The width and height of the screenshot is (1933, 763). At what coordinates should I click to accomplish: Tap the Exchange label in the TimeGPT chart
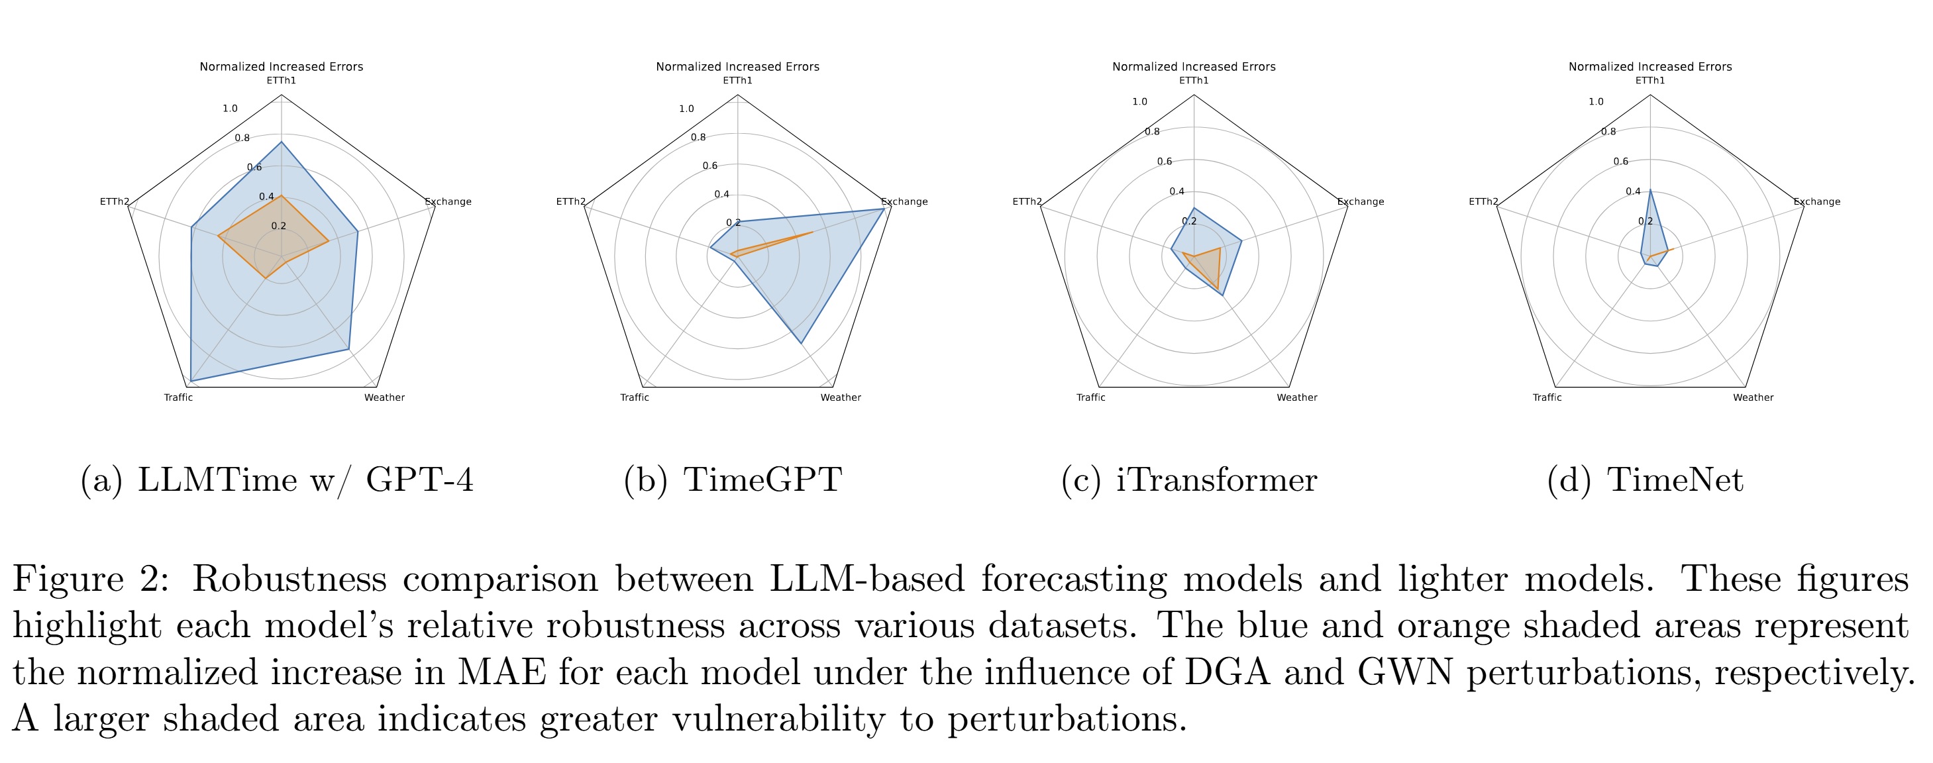[904, 201]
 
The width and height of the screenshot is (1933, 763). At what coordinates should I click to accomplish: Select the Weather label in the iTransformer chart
[1296, 397]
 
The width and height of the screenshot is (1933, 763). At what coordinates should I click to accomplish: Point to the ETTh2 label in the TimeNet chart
[1483, 201]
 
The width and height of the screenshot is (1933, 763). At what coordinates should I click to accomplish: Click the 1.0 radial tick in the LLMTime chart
[230, 108]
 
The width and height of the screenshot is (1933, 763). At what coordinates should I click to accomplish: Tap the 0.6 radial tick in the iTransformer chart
[1164, 162]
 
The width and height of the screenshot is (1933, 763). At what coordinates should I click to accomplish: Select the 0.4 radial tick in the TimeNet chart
[1633, 191]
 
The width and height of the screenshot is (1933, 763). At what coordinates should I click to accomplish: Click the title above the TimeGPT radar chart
[738, 67]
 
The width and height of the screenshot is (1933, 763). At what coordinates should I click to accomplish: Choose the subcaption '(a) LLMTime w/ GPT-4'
[277, 480]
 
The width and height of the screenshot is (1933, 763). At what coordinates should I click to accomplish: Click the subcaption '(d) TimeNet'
[1645, 480]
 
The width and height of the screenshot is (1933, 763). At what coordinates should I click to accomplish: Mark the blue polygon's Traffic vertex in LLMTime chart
[191, 381]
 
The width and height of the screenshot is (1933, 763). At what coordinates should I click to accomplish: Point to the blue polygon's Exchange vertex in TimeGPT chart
[883, 209]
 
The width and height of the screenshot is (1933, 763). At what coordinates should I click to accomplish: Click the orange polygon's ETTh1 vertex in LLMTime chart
[282, 197]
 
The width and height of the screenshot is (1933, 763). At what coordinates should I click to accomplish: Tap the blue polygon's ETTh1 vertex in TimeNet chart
[1650, 190]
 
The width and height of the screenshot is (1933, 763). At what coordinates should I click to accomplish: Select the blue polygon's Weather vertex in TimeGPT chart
[802, 344]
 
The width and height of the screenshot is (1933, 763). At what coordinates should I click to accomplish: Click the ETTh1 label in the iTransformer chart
[1194, 80]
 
